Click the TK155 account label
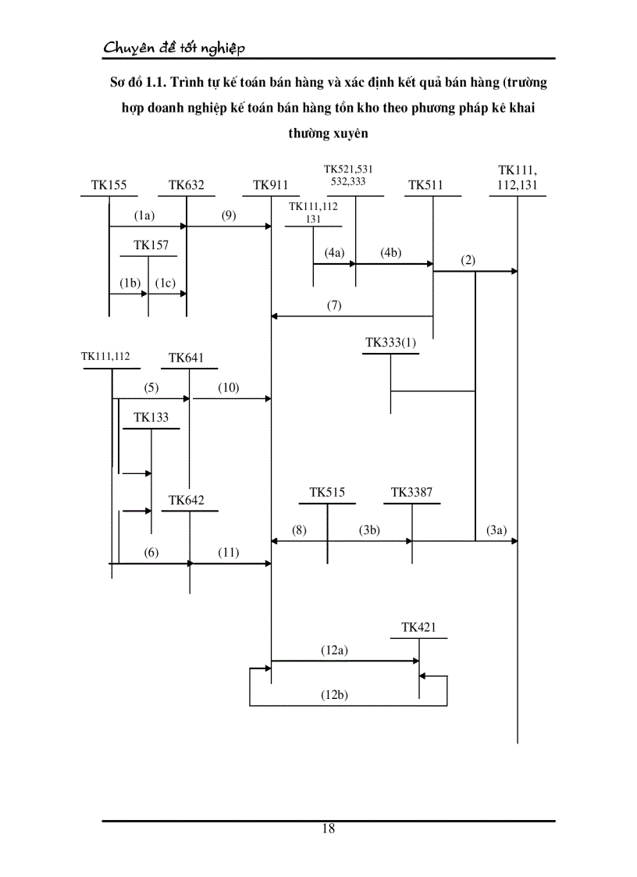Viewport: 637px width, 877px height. click(x=109, y=185)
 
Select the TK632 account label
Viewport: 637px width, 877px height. click(x=187, y=185)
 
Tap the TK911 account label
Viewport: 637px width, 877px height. click(x=271, y=185)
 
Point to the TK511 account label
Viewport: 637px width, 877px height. click(x=425, y=185)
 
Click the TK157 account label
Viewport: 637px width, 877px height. click(x=151, y=245)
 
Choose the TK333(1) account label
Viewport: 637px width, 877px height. click(x=391, y=342)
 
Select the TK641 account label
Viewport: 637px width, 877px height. click(x=187, y=358)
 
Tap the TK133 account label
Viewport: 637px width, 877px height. click(x=151, y=417)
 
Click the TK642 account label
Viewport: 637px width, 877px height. click(x=187, y=500)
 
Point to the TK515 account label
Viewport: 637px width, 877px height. click(x=327, y=492)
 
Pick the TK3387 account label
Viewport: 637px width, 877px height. click(x=412, y=492)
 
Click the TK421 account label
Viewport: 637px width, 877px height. click(x=419, y=627)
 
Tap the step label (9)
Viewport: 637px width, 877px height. click(x=229, y=216)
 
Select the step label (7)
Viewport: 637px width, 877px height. click(x=334, y=305)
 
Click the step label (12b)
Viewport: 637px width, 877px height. click(x=334, y=694)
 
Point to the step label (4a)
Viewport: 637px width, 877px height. click(x=334, y=253)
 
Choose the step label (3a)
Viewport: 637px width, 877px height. click(x=496, y=530)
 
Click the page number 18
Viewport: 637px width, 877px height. click(x=328, y=829)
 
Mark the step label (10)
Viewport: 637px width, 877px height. click(x=229, y=387)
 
